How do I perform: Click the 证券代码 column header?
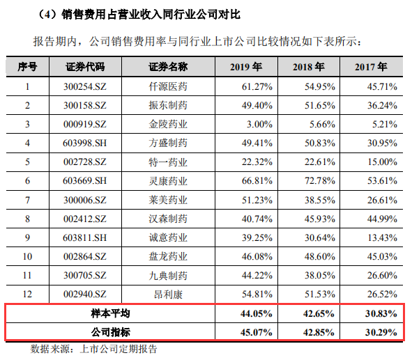pos(85,67)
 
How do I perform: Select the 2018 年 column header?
pos(309,67)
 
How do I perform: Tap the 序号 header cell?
pos(27,67)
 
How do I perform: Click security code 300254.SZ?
pos(85,86)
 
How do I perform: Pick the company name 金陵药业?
pos(168,124)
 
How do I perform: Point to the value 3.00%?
pos(259,124)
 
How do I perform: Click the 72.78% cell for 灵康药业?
pos(320,181)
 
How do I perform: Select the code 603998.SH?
pos(85,143)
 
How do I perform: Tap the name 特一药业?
pos(168,162)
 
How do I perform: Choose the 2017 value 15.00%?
pos(382,162)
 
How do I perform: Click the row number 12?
pos(27,294)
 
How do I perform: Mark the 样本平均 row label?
pos(111,313)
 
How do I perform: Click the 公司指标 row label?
pos(111,332)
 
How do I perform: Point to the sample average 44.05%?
pos(256,313)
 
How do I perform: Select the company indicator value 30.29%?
pos(381,332)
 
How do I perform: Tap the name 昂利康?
pos(168,295)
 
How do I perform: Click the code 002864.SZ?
pos(85,256)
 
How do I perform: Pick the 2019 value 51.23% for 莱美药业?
pos(257,201)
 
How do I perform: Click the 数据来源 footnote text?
pos(94,349)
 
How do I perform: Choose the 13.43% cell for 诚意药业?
pos(382,237)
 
